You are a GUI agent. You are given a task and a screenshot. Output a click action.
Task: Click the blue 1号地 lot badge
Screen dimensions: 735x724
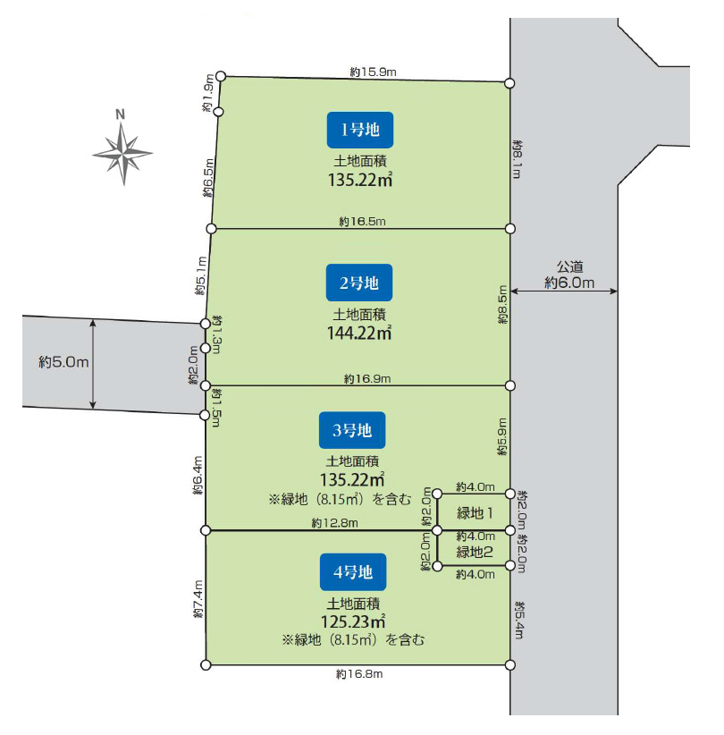360,130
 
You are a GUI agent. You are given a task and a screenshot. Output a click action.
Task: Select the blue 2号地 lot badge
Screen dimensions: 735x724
359,283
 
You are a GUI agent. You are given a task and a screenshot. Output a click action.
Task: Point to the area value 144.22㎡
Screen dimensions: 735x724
359,333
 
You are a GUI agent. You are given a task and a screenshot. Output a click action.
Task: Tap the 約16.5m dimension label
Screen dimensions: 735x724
361,220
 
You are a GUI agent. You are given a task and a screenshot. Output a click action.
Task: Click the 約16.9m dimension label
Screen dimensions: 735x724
366,379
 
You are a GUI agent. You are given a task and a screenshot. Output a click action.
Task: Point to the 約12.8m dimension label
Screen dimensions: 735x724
334,523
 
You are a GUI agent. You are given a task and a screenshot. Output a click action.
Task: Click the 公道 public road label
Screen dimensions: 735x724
569,266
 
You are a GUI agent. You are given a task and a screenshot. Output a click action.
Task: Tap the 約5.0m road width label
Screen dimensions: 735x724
63,362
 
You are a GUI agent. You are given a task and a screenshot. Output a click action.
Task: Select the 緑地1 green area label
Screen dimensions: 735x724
476,512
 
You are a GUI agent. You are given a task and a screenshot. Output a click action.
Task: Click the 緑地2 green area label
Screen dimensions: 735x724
476,553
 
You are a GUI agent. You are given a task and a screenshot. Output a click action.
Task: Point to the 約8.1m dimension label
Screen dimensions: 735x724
518,158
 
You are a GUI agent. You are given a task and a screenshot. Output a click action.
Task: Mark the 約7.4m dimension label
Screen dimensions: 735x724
198,600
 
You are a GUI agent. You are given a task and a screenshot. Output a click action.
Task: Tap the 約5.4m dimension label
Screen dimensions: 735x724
518,620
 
